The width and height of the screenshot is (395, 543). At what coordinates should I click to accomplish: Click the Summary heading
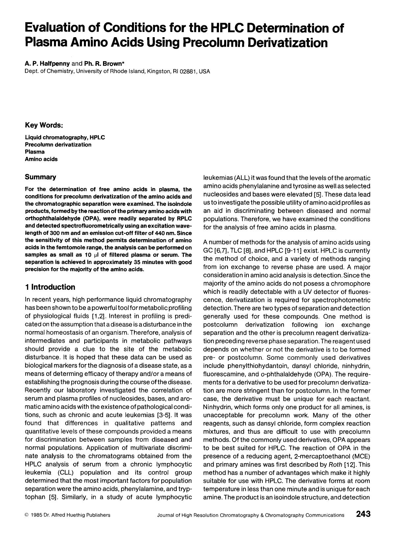point(40,177)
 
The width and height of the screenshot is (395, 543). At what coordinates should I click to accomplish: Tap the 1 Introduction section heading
point(50,287)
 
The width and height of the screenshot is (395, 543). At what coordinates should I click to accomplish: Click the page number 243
point(363,514)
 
